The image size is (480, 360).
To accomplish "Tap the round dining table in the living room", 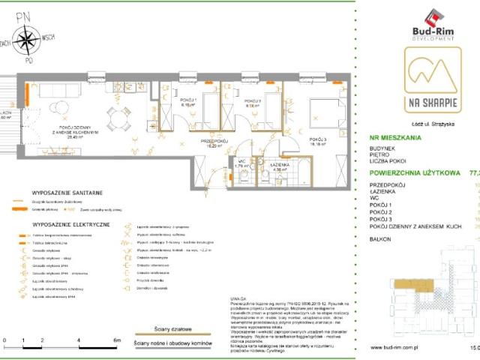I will [x=116, y=116].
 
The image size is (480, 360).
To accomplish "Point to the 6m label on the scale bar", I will [x=116, y=340].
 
